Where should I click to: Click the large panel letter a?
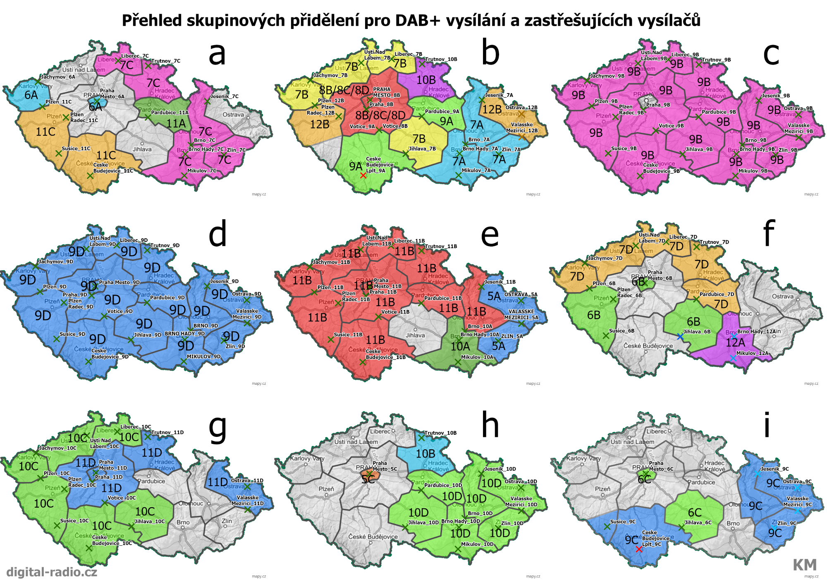click(x=217, y=54)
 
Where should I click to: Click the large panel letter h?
click(x=490, y=425)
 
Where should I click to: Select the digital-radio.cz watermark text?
click(x=52, y=572)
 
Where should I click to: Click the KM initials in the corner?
click(x=805, y=565)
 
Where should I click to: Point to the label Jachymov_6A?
click(x=58, y=77)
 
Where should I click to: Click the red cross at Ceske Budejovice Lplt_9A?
click(x=363, y=175)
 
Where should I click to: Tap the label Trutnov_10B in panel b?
click(x=441, y=59)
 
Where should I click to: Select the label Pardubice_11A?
click(x=170, y=113)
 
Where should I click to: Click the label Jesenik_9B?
click(x=776, y=96)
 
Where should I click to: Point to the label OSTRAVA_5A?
click(x=521, y=295)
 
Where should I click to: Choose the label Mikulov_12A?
click(x=752, y=353)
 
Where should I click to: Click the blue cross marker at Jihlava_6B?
click(x=680, y=337)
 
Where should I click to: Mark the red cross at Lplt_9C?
click(x=639, y=549)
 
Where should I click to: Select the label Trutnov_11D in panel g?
click(x=167, y=432)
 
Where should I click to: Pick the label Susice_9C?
click(x=622, y=522)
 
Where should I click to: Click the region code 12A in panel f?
click(x=735, y=343)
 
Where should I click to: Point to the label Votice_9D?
click(x=120, y=312)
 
